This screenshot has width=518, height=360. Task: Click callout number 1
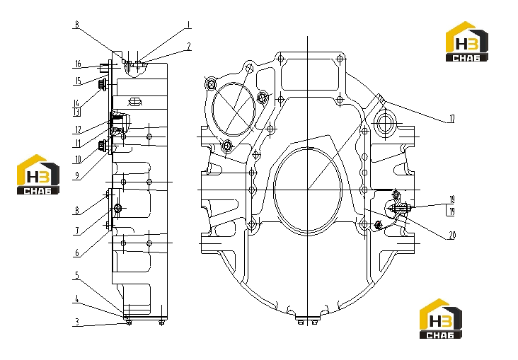click(x=188, y=25)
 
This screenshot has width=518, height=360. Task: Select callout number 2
click(x=189, y=47)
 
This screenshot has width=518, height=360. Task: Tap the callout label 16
click(x=78, y=64)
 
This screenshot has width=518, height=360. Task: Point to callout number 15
click(x=78, y=81)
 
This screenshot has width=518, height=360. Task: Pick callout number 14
click(x=76, y=103)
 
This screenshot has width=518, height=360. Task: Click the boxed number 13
click(x=76, y=112)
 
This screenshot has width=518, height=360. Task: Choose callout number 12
click(x=78, y=129)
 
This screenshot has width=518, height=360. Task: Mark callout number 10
click(x=78, y=160)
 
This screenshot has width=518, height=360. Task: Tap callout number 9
click(x=77, y=175)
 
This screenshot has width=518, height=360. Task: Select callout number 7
click(x=77, y=231)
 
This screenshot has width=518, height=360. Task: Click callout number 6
click(x=77, y=253)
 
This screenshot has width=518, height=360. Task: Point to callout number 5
click(x=77, y=275)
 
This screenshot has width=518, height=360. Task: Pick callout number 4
click(x=77, y=299)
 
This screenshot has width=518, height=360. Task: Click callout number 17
click(x=451, y=119)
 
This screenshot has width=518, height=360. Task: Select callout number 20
click(x=452, y=235)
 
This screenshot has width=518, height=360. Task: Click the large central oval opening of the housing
click(x=308, y=192)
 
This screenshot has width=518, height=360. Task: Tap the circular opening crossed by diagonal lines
click(x=234, y=110)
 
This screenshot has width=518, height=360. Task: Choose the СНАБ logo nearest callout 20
click(x=441, y=319)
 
